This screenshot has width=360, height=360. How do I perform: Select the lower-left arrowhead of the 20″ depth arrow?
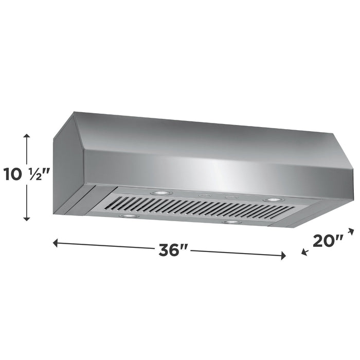pyautogui.click(x=304, y=251)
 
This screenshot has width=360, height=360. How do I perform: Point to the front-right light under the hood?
pyautogui.click(x=232, y=223)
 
